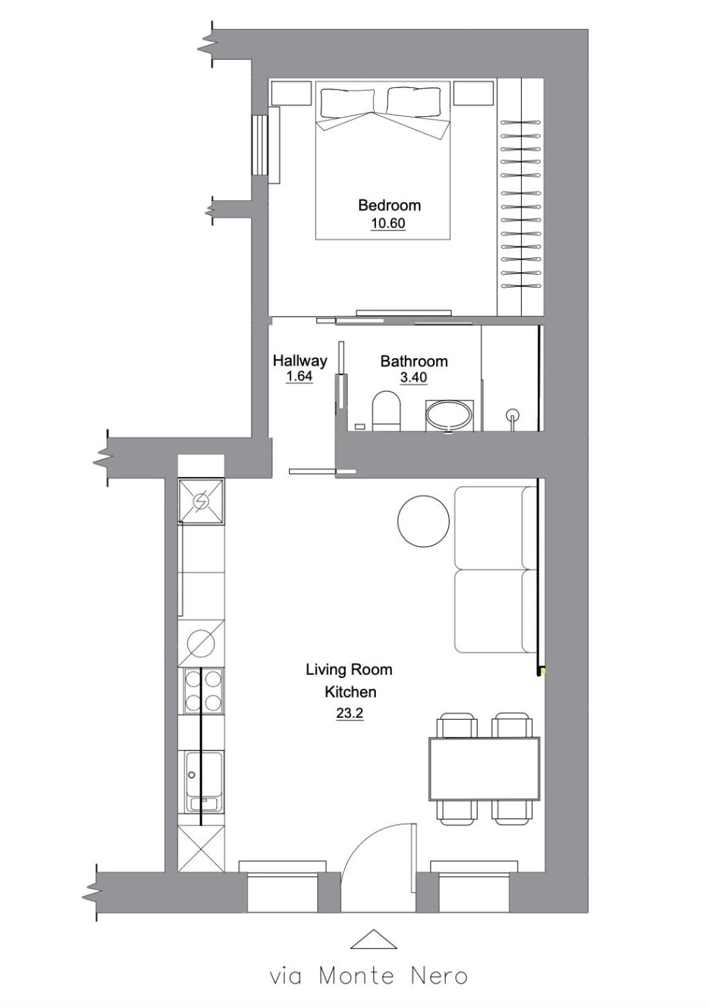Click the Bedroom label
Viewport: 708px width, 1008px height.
coord(389,205)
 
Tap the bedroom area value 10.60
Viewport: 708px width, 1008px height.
coord(388,223)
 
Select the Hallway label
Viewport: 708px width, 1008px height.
coord(300,360)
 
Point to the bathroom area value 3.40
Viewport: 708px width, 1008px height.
coord(414,377)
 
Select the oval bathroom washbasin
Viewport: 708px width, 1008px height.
coord(449,415)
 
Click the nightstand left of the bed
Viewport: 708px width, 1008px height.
coord(292,92)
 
